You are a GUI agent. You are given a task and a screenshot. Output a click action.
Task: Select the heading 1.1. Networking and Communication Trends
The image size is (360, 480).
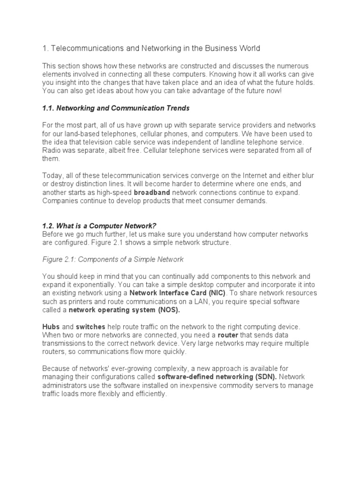pyautogui.click(x=116, y=108)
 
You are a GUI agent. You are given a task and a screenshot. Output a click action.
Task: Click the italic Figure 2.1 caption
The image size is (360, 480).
pyautogui.click(x=113, y=259)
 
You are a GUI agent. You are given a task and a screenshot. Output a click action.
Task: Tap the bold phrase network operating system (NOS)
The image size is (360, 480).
pyautogui.click(x=124, y=310)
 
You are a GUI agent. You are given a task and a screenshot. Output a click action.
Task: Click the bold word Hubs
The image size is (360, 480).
pyautogui.click(x=51, y=326)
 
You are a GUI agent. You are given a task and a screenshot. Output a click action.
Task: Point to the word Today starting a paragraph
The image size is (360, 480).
pyautogui.click(x=52, y=176)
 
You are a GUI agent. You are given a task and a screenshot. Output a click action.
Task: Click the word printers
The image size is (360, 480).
pyautogui.click(x=72, y=301)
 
